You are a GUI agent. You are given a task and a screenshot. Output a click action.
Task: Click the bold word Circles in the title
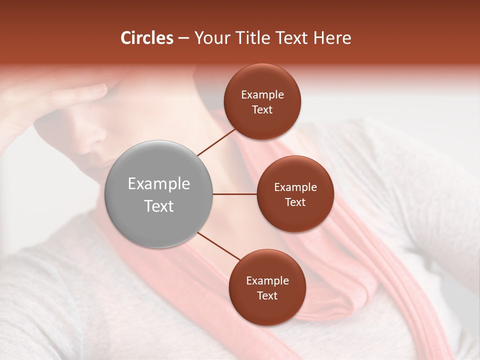coord(146,38)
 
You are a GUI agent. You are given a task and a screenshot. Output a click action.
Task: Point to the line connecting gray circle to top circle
coord(216,141)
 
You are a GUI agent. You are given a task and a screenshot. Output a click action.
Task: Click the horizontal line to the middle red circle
coord(235,194)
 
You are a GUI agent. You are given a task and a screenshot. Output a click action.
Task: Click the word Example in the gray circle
coord(159,184)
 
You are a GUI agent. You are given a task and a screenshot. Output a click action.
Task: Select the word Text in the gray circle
coord(159,206)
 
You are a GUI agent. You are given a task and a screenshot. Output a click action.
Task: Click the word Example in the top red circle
coord(262,95)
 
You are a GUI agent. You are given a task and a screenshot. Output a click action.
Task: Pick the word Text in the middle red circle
coord(295,202)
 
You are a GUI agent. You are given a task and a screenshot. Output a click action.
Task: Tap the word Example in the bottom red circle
coord(267,281)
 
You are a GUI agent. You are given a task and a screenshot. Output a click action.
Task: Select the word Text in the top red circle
coord(262,110)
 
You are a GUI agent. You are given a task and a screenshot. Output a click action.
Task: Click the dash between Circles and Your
coord(183,38)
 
